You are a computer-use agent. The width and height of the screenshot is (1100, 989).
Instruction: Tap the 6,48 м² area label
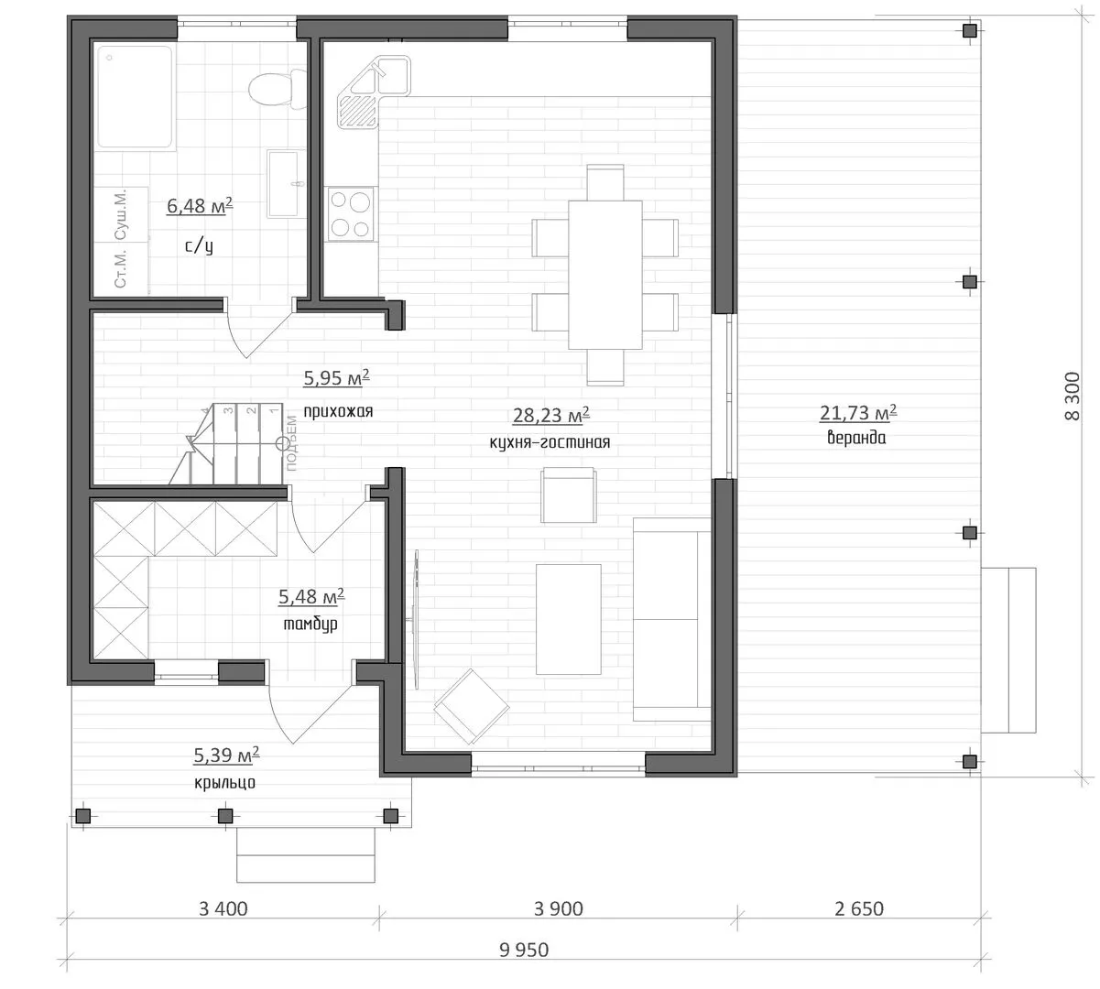coord(200,206)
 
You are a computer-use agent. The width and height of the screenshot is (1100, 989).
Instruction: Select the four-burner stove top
coord(351,214)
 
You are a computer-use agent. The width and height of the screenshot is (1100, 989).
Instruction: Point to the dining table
coord(604,275)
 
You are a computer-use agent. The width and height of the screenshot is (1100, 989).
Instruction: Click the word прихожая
coord(338,411)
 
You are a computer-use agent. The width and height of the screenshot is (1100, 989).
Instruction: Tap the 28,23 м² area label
coord(551,415)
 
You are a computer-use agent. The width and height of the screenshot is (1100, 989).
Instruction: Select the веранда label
coord(856,438)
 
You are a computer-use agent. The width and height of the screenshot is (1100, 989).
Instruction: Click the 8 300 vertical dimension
coord(1072,396)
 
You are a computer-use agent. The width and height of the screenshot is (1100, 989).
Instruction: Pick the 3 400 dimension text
coord(223,909)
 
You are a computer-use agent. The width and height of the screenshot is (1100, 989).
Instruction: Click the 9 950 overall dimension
coord(524,950)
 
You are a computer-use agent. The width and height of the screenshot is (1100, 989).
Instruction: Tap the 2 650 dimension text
coord(859,909)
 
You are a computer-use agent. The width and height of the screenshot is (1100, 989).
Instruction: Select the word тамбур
coord(310,625)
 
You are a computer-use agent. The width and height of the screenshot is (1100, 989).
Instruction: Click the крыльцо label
coord(224,782)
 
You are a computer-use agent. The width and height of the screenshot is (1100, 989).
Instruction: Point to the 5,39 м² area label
coord(226,755)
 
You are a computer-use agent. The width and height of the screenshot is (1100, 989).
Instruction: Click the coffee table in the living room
coord(568,619)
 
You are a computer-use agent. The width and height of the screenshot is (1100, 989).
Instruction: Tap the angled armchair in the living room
coord(472,706)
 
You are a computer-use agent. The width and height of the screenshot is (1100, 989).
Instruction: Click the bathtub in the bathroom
coord(136,98)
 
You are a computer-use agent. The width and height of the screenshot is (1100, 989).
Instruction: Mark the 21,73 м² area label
coord(858,412)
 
